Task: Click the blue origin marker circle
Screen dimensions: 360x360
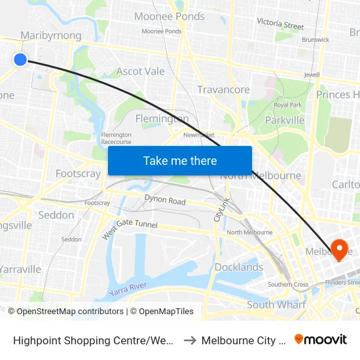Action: click(x=20, y=60)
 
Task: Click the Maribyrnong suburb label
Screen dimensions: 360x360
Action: click(x=51, y=35)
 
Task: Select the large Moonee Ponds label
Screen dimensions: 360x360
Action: click(x=169, y=16)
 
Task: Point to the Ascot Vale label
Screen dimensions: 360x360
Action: click(x=141, y=71)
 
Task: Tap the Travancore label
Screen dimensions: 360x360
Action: click(x=223, y=90)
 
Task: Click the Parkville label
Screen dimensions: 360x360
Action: click(x=285, y=120)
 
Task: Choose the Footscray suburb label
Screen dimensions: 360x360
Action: click(x=79, y=173)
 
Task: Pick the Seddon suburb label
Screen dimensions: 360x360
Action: click(x=56, y=215)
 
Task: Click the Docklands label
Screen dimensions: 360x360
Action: click(x=239, y=267)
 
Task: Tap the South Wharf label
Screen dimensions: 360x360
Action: click(x=276, y=304)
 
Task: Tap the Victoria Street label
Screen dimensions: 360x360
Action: click(x=280, y=24)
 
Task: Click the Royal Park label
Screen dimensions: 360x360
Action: click(x=287, y=105)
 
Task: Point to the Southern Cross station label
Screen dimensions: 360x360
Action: click(x=288, y=285)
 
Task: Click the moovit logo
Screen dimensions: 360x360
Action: click(x=321, y=339)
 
